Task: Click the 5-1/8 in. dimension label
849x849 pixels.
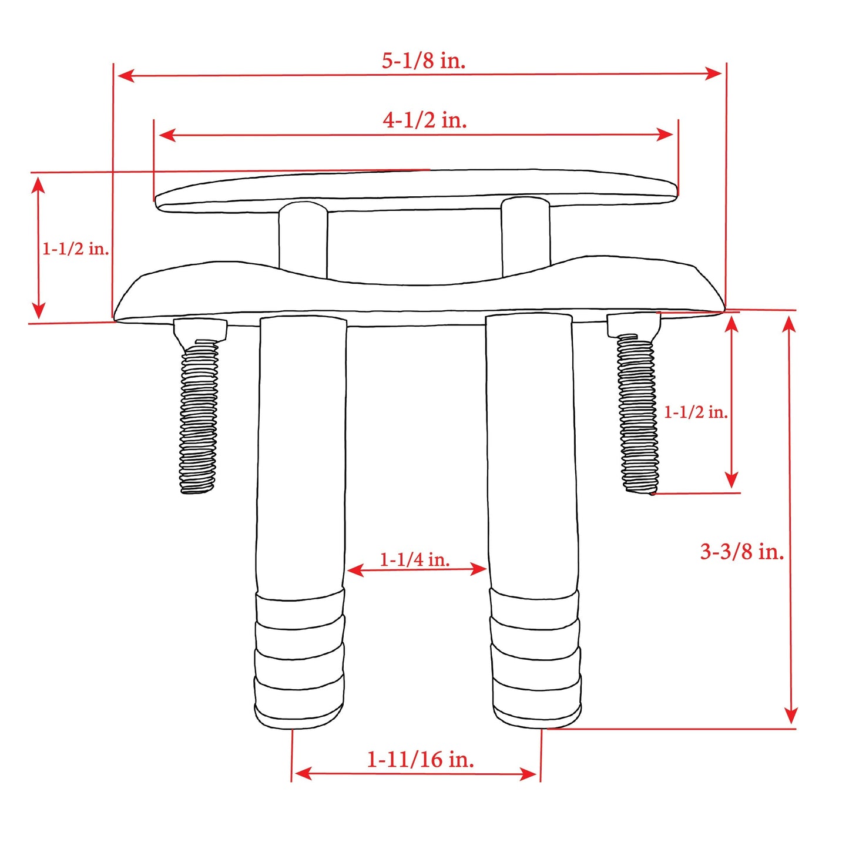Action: [x=424, y=61]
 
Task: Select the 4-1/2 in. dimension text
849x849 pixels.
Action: [x=425, y=120]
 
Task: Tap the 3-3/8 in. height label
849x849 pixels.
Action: [x=741, y=552]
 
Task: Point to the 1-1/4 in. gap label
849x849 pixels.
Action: [x=415, y=559]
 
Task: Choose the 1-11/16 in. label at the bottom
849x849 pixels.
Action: [x=420, y=759]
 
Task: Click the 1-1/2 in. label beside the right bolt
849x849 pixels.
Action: [x=696, y=412]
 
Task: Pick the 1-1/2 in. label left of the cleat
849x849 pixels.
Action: [x=75, y=249]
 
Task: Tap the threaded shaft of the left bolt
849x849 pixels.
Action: [x=199, y=417]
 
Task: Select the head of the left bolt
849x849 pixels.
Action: [x=200, y=329]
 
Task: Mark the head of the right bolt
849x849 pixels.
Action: [x=632, y=324]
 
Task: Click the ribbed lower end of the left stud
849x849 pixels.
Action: [x=300, y=658]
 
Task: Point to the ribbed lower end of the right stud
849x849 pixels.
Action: [x=536, y=658]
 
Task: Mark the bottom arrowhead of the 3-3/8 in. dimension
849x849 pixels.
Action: [x=791, y=716]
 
